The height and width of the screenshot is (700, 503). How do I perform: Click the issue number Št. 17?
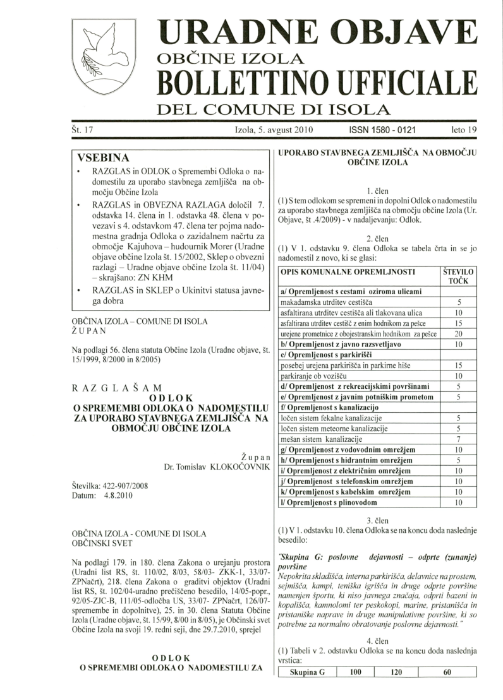(x=82, y=131)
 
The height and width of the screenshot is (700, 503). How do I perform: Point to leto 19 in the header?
(x=464, y=131)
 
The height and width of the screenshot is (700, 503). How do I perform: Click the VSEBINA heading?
(x=103, y=157)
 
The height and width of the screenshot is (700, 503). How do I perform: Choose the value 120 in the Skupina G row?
(x=396, y=691)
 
